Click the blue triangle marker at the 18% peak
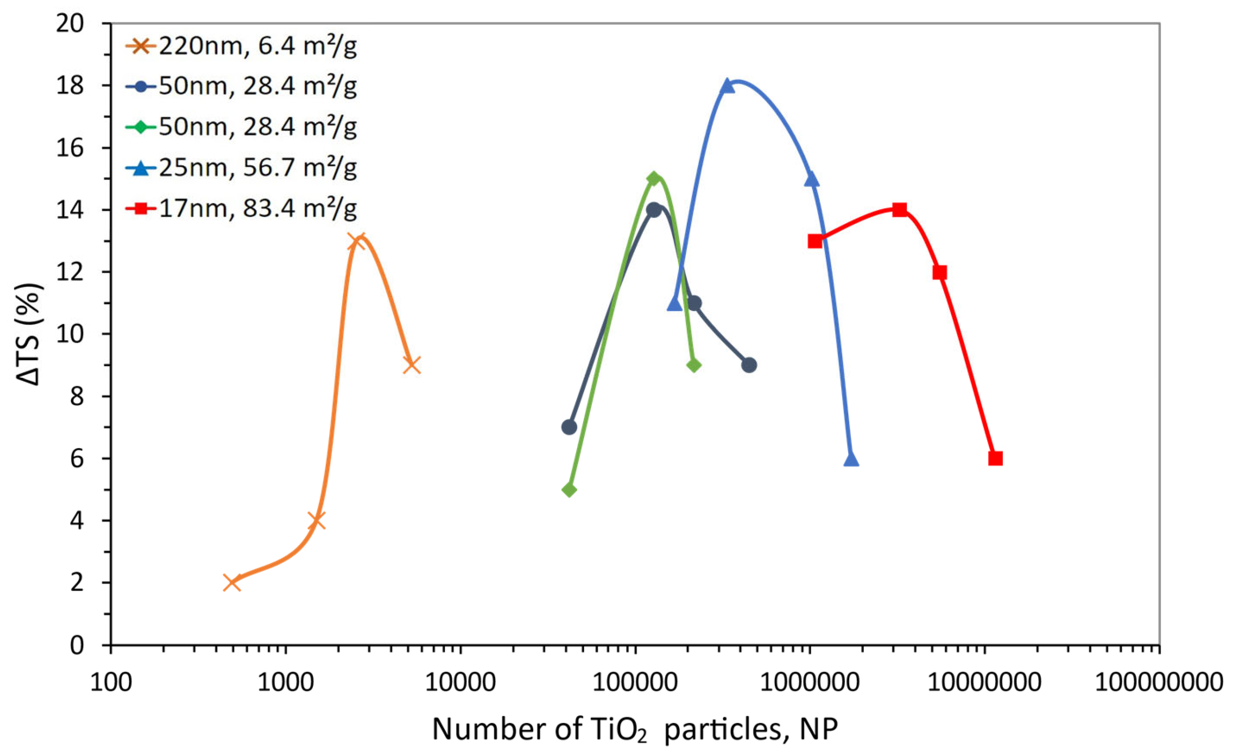(x=727, y=86)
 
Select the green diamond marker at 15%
(x=653, y=178)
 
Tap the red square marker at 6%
(x=995, y=458)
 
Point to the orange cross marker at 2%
(x=232, y=583)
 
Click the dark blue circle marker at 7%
(x=569, y=427)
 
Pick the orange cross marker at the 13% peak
(x=358, y=241)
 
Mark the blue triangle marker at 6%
(x=851, y=459)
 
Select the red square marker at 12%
(x=939, y=272)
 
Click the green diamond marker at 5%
(x=569, y=490)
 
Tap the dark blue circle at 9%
(x=749, y=365)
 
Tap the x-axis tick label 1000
(x=286, y=683)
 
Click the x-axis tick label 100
(x=111, y=683)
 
